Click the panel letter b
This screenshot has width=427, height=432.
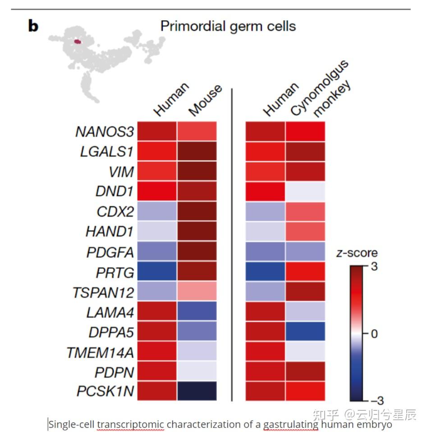coord(33,26)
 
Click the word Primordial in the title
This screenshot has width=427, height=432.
coord(189,26)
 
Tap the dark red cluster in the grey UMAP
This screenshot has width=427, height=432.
coord(78,41)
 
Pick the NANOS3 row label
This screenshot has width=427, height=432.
coord(105,132)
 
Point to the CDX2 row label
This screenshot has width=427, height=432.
coord(115,211)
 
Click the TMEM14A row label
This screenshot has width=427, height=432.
coord(100,351)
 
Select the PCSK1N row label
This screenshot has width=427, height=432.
coord(105,391)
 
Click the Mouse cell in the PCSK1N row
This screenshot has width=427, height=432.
coord(197,391)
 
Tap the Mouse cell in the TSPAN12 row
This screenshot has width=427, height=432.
coord(197,292)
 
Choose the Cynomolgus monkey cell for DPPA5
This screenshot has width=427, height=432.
coord(305,331)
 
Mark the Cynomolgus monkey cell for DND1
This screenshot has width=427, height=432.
coord(305,192)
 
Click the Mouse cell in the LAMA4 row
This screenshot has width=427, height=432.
coord(197,312)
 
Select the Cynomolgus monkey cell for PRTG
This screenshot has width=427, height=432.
coord(305,271)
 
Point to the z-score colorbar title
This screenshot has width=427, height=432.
coord(357,253)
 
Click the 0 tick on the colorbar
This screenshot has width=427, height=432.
coord(373,334)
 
